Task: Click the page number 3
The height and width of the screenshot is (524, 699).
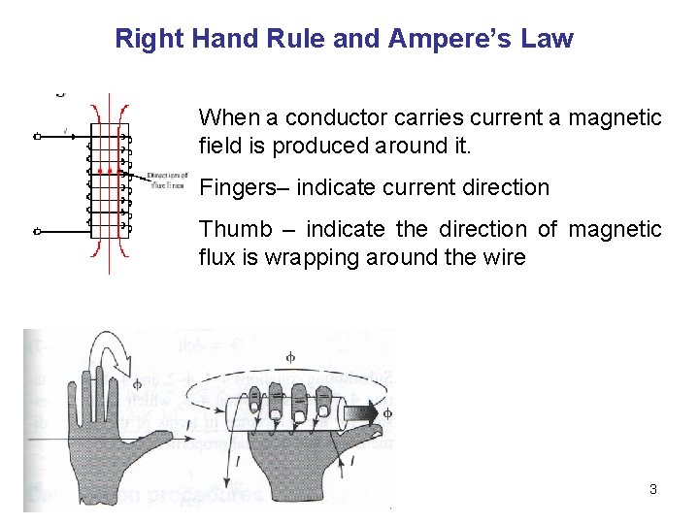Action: click(x=652, y=489)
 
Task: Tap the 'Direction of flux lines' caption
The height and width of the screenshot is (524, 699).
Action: click(x=165, y=179)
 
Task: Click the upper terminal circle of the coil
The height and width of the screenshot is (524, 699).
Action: click(x=37, y=137)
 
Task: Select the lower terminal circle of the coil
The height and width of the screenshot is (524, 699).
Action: click(x=37, y=231)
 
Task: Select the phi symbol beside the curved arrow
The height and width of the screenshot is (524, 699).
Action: click(x=136, y=385)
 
